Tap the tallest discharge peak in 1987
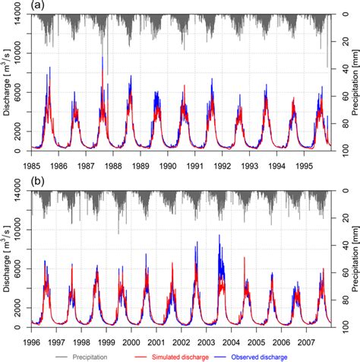tap(103, 58)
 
